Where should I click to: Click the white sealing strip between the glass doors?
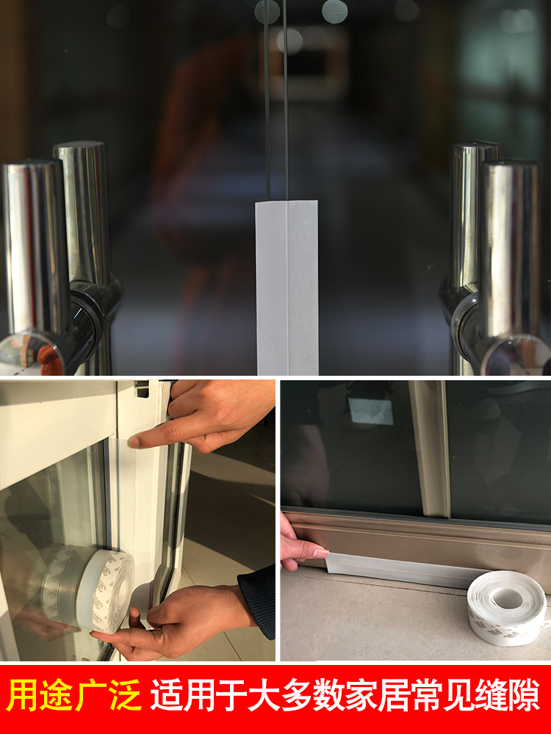point(287,286)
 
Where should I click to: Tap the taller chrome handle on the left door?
point(82,213)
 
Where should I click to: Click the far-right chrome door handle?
point(510,250)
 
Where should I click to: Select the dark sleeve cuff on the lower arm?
point(259,598)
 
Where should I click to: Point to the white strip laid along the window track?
point(397,569)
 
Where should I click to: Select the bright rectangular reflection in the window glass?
point(371,411)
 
